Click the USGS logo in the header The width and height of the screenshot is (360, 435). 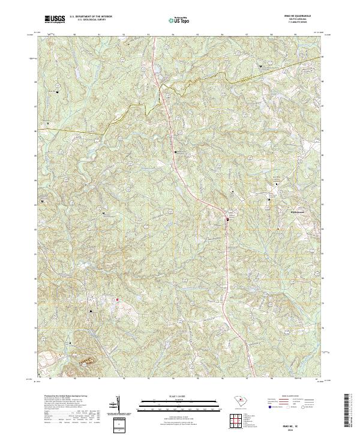coord(55,19)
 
